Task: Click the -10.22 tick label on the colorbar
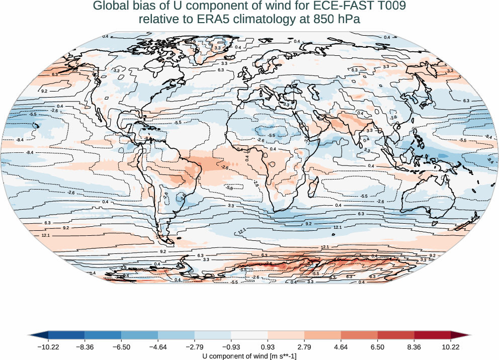[x=48, y=347]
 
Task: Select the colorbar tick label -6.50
[x=121, y=347]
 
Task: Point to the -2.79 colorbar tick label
[x=195, y=347]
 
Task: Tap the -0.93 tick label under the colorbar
[x=231, y=347]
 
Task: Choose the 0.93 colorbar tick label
[x=268, y=347]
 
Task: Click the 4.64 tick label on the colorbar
[x=341, y=347]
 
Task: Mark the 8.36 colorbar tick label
[x=414, y=347]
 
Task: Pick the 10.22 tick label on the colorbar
[x=451, y=347]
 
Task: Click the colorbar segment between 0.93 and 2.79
[x=286, y=335]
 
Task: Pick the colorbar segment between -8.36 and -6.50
[x=103, y=335]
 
